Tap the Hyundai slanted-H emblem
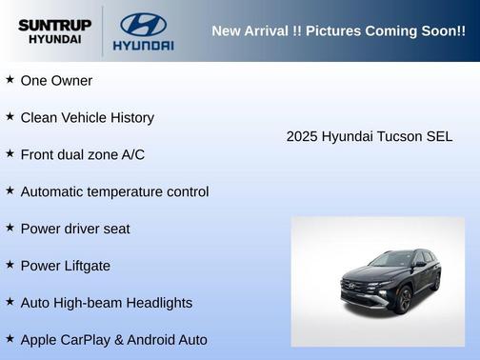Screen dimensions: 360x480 pyautogui.click(x=143, y=24)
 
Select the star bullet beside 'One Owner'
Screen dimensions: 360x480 pyautogui.click(x=10, y=80)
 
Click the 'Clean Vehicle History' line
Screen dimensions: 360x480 pyautogui.click(x=87, y=117)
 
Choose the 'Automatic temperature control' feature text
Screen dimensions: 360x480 pyautogui.click(x=114, y=191)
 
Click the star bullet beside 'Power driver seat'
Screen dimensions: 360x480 pyautogui.click(x=10, y=228)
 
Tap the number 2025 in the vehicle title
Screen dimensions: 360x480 pyautogui.click(x=302, y=136)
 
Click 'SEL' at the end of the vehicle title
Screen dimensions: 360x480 pyautogui.click(x=439, y=136)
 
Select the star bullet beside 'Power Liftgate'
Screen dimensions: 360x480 pyautogui.click(x=10, y=265)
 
